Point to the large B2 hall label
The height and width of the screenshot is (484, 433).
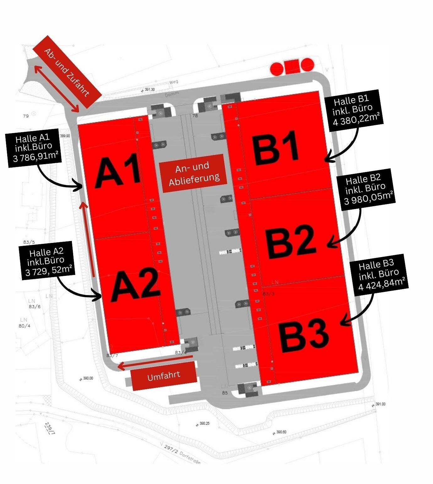[x=290, y=240]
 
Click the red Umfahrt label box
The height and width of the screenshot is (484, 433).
[x=164, y=376]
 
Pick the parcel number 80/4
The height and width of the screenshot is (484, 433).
[x=24, y=326]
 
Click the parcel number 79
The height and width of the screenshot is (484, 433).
[x=26, y=116]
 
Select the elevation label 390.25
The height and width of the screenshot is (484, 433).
[x=204, y=423]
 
